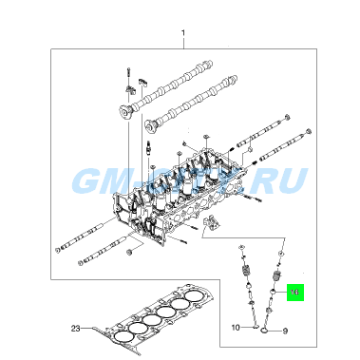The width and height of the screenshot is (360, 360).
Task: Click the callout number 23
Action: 76,328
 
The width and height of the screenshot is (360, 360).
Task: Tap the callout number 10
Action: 237,328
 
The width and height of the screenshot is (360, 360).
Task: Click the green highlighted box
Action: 294,294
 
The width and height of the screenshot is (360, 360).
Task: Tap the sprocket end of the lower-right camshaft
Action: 153,124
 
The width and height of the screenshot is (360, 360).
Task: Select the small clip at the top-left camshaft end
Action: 138,75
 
